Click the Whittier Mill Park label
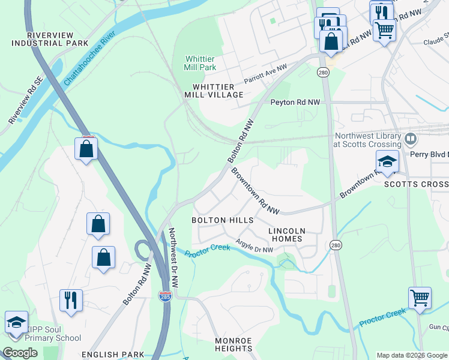point(200,63)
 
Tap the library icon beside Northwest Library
point(411,140)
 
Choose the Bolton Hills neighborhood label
point(222,220)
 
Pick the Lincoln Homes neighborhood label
point(286,235)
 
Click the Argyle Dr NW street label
point(255,245)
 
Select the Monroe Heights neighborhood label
point(234,344)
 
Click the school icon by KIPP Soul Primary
point(16,322)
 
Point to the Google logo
point(20,353)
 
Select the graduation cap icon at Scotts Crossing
point(387,162)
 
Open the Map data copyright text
point(411,355)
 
